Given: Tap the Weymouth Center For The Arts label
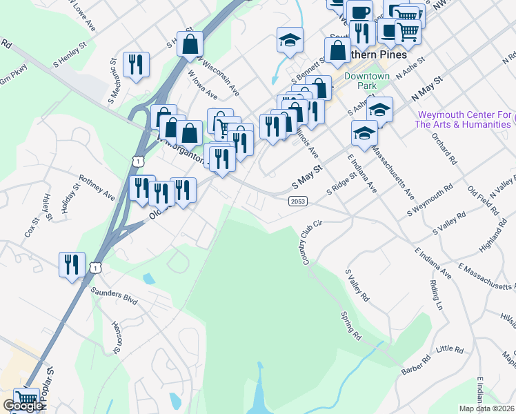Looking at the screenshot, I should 463,119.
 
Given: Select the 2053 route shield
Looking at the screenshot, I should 298,199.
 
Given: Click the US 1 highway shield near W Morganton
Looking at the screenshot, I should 139,161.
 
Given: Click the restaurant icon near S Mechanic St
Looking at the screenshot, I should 136,64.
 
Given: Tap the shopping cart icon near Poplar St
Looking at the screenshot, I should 26,398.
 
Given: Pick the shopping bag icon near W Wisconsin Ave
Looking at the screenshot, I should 190,43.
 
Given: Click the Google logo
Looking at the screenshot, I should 23,406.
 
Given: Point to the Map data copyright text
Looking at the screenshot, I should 487,408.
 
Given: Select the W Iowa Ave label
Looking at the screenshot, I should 203,87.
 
